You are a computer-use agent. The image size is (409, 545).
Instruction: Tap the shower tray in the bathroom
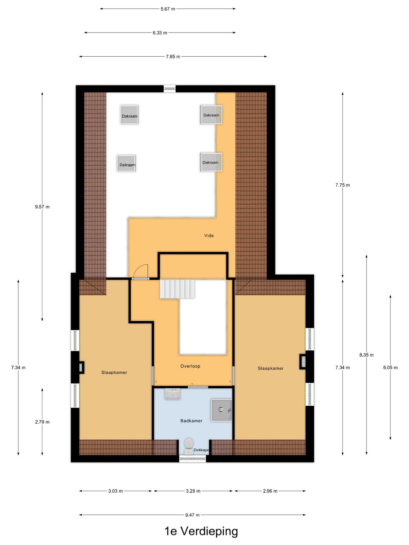click(x=222, y=410)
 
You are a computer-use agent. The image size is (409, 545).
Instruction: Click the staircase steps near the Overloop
click(x=177, y=289)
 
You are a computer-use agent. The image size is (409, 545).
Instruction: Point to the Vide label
click(x=209, y=235)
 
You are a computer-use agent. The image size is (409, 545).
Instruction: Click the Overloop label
click(x=190, y=366)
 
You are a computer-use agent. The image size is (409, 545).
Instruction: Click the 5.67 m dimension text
click(x=168, y=9)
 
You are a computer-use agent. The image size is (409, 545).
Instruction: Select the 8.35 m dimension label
click(x=366, y=355)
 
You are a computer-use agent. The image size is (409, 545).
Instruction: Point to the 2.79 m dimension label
click(x=42, y=422)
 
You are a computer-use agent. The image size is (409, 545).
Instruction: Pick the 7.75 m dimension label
click(x=342, y=185)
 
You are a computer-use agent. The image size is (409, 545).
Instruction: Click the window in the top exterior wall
click(x=170, y=89)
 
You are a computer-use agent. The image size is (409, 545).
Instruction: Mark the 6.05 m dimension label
click(x=390, y=367)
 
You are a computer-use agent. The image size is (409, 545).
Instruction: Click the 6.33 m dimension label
click(x=160, y=33)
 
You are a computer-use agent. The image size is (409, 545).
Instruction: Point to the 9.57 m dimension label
click(x=42, y=207)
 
